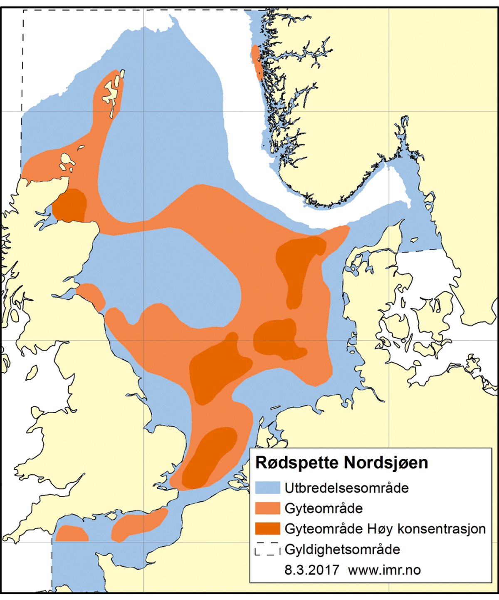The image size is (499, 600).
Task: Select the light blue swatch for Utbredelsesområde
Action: click(x=267, y=488)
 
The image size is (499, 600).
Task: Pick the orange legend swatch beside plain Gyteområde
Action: click(x=267, y=508)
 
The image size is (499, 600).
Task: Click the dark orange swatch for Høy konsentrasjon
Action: click(x=267, y=529)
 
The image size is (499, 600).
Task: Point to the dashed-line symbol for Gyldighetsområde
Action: click(x=267, y=550)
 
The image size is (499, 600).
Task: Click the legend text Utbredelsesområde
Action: click(x=346, y=488)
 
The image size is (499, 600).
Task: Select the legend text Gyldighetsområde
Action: click(x=342, y=550)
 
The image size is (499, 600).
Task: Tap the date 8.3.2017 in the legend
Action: click(x=311, y=570)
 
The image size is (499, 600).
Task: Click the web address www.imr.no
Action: click(x=384, y=570)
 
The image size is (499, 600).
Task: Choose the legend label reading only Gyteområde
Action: click(x=324, y=508)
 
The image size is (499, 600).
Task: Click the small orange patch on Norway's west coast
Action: click(x=257, y=62)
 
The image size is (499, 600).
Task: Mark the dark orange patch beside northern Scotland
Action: click(x=70, y=205)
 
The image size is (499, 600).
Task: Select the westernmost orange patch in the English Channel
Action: click(x=72, y=534)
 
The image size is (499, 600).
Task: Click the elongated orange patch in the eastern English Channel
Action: click(x=139, y=524)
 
